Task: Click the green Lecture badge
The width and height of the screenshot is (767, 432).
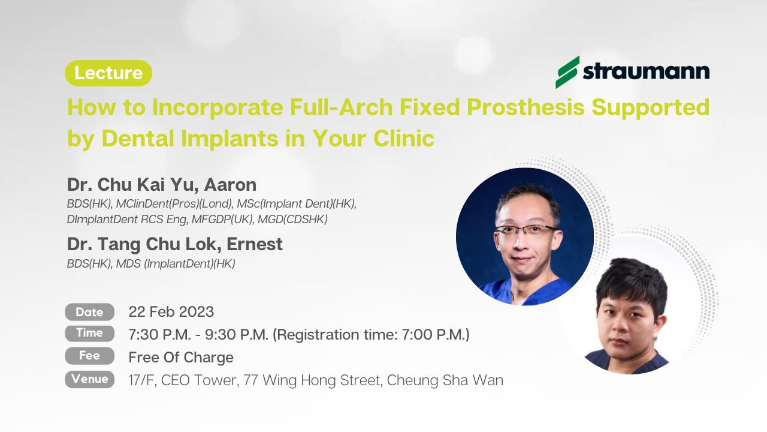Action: tap(108, 73)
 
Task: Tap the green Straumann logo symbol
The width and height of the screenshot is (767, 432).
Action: tap(567, 72)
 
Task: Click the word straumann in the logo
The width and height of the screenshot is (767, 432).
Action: tap(646, 71)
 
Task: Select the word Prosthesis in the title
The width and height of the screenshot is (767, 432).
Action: tap(526, 107)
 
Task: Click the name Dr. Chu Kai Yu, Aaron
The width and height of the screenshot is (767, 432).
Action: tap(162, 184)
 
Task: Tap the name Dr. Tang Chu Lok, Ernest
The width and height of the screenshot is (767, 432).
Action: tap(174, 244)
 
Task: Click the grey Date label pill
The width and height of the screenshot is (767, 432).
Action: tap(90, 312)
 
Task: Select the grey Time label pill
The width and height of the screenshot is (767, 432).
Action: tap(90, 333)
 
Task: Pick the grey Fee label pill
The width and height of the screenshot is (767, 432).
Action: tap(90, 356)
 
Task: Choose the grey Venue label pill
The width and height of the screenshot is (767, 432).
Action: tap(90, 379)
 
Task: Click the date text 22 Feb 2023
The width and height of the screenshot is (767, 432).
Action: tap(171, 312)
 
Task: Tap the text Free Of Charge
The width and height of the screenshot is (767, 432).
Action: tap(181, 358)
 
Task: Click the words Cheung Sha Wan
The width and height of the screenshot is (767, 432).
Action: tap(445, 380)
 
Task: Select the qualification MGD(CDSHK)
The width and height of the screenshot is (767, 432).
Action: tap(292, 219)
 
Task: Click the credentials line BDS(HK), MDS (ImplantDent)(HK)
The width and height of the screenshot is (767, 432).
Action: tap(151, 263)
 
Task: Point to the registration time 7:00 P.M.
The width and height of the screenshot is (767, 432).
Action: tap(436, 334)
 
